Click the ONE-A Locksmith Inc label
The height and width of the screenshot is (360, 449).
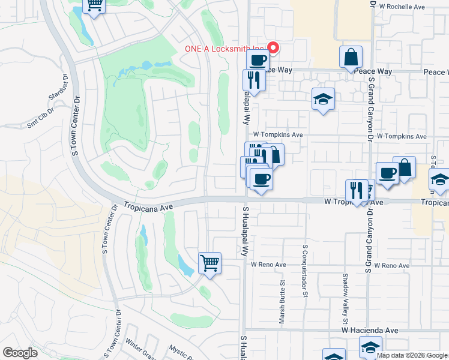(x=223, y=48)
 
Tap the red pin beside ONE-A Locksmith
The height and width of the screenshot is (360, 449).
(x=273, y=47)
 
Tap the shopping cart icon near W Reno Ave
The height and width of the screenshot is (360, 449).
(x=210, y=262)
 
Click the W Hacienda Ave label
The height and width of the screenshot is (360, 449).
(x=370, y=330)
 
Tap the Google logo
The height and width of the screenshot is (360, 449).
(x=20, y=352)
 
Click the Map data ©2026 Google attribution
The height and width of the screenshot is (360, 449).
(x=412, y=355)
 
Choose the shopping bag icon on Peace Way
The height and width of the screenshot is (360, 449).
(x=351, y=58)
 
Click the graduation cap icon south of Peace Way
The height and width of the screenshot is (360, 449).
(x=323, y=99)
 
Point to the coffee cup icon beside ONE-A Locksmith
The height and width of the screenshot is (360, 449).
(x=258, y=60)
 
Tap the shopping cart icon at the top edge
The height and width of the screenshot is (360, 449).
(x=94, y=5)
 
